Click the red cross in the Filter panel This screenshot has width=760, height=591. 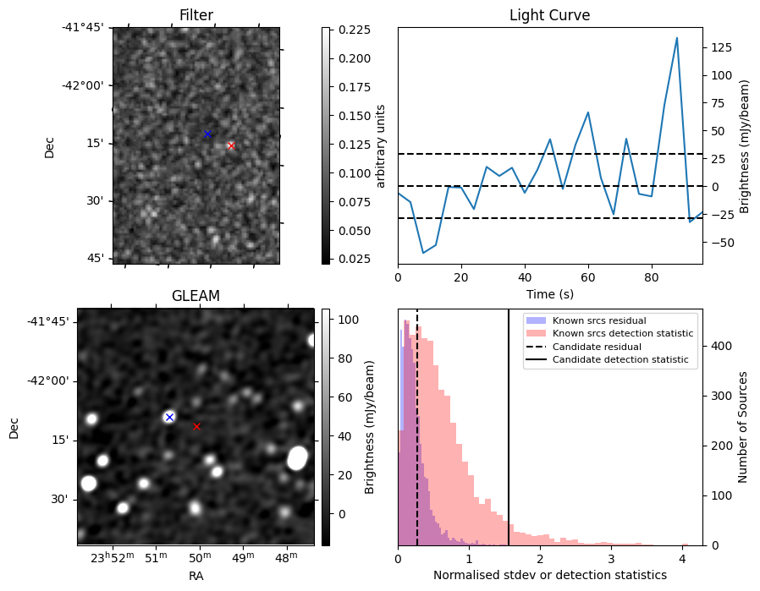point(231,145)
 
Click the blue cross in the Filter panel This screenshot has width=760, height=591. point(207,134)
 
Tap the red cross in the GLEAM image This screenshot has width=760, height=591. point(196,426)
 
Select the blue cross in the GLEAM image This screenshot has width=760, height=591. point(169,417)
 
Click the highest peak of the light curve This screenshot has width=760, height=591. point(676,38)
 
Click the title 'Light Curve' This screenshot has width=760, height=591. point(549,15)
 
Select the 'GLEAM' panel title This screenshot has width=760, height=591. point(196,295)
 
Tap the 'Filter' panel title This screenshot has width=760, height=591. point(196,15)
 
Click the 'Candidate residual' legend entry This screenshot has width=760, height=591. point(597,347)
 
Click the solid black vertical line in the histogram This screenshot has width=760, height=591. point(509,428)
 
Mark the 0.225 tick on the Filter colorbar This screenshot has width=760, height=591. point(354,30)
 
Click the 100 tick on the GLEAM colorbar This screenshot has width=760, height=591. point(348,320)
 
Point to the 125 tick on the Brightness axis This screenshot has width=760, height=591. point(721,47)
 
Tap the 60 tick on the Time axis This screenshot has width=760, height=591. point(588,277)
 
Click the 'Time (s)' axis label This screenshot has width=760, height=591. point(550,293)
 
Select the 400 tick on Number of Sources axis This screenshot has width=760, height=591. point(721,346)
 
